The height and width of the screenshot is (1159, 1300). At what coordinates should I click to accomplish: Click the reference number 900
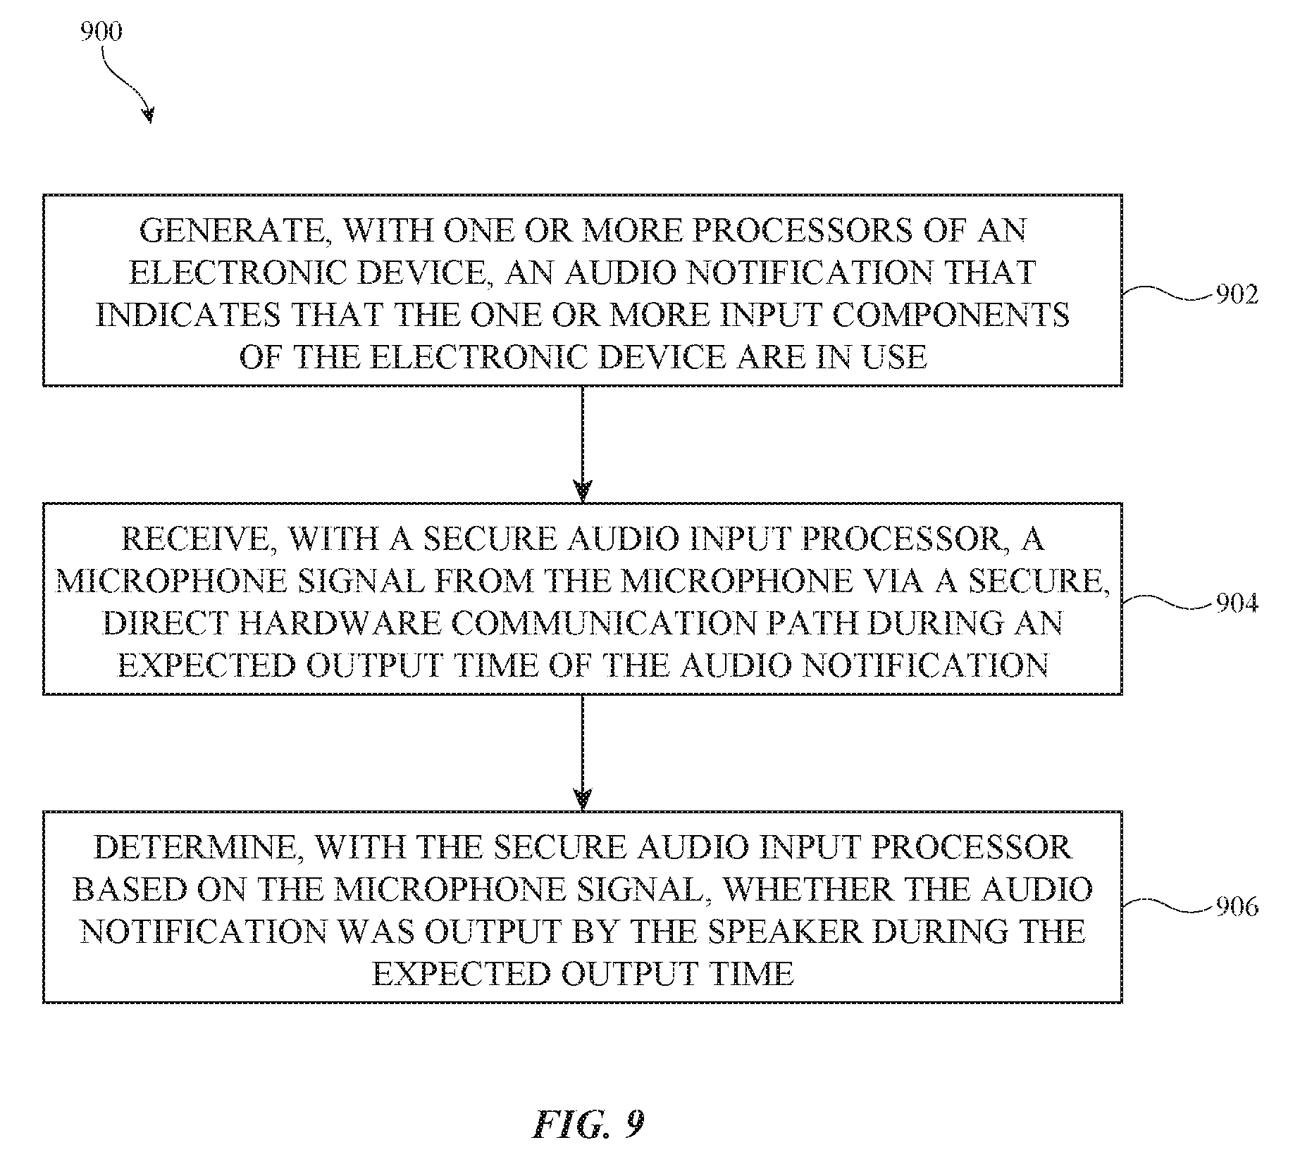click(x=101, y=32)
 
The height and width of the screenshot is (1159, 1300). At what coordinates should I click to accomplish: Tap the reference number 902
click(x=1237, y=295)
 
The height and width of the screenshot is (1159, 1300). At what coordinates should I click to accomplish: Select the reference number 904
click(x=1237, y=603)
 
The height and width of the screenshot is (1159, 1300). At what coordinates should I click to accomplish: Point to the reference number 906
click(x=1237, y=907)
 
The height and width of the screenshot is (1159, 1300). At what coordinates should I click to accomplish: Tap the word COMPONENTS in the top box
click(x=951, y=315)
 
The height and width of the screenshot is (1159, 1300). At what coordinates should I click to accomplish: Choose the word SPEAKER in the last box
click(x=786, y=932)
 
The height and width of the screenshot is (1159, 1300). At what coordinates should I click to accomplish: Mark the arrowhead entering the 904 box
click(x=583, y=490)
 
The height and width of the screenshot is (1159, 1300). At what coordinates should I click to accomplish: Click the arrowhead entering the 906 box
click(x=583, y=798)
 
